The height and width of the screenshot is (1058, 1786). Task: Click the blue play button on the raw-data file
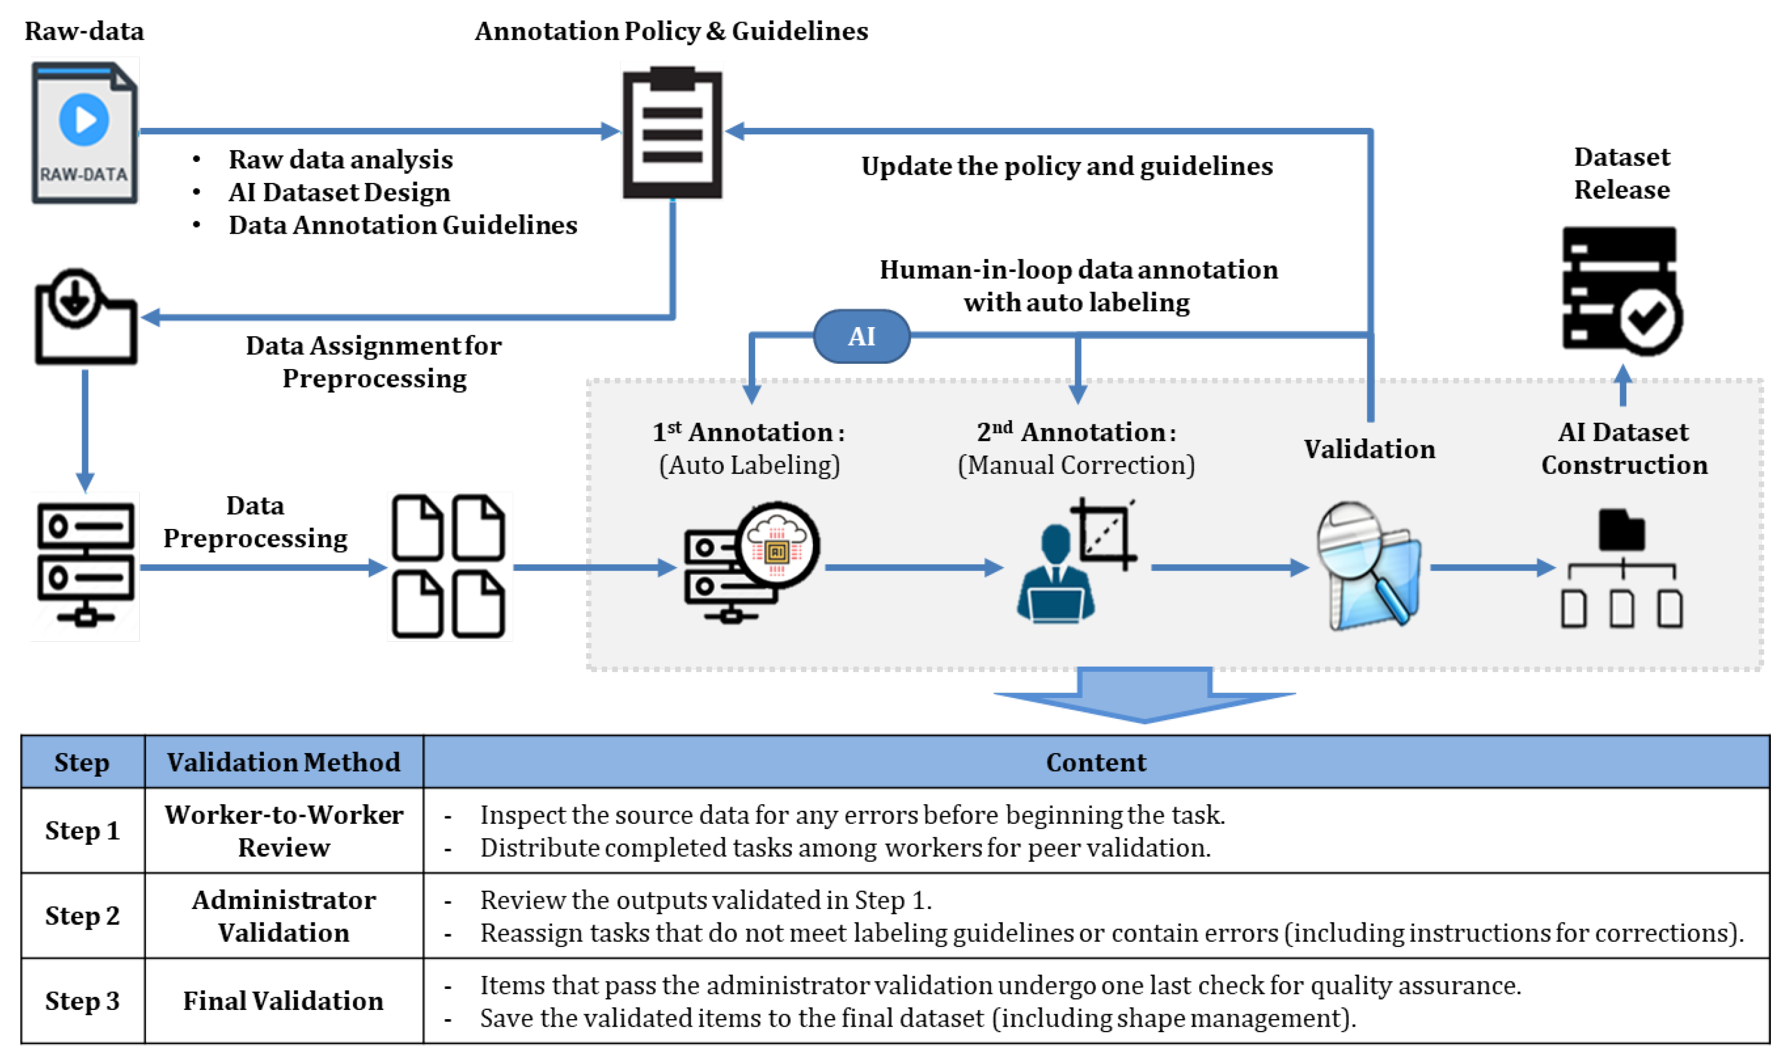click(84, 120)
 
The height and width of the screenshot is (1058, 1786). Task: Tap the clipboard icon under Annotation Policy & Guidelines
click(672, 133)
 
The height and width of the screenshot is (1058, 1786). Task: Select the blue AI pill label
click(861, 336)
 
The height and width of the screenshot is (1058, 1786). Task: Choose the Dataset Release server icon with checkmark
click(1621, 290)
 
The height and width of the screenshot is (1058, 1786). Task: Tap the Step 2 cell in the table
click(83, 915)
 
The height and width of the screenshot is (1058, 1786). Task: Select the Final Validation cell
click(284, 1001)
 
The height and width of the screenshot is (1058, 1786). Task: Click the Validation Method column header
click(284, 762)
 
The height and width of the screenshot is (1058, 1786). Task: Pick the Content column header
click(1096, 762)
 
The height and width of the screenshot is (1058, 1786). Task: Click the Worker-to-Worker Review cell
click(284, 831)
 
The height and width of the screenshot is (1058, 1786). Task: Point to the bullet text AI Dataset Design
click(339, 193)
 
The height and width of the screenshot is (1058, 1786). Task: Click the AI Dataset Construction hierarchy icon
click(1621, 571)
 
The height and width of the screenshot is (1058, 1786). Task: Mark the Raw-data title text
click(84, 31)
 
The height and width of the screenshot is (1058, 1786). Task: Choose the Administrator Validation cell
click(284, 916)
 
